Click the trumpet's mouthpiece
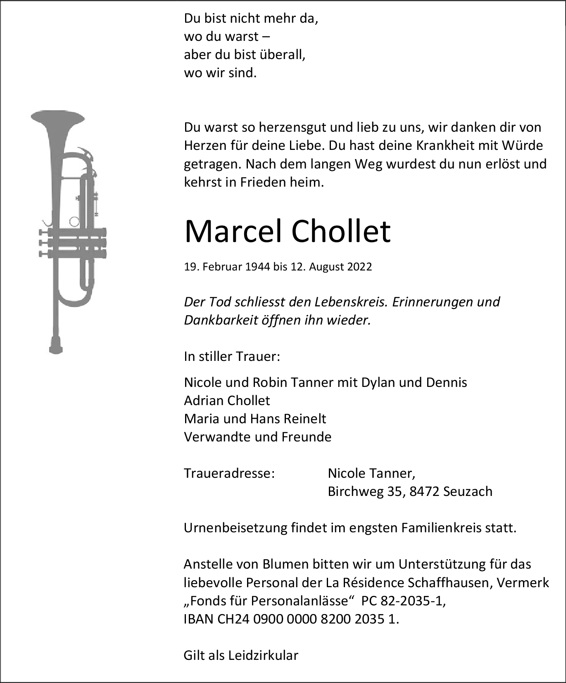point(56,344)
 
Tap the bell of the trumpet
point(58,118)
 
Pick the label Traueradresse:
point(229,473)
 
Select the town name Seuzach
point(468,491)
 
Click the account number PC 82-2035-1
point(403,601)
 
